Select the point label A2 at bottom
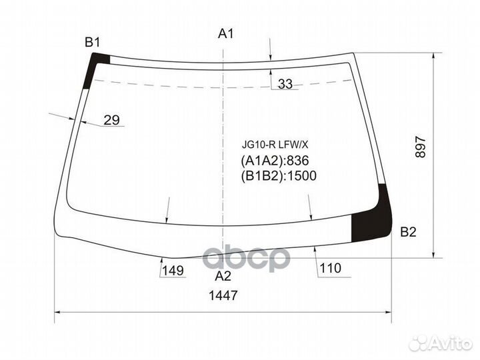point(223,275)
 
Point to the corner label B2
point(408,232)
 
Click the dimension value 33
point(285,84)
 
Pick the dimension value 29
point(111,121)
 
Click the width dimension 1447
point(223,295)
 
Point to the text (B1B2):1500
point(277,176)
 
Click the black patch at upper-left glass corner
point(96,67)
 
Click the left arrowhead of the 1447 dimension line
point(57,311)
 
